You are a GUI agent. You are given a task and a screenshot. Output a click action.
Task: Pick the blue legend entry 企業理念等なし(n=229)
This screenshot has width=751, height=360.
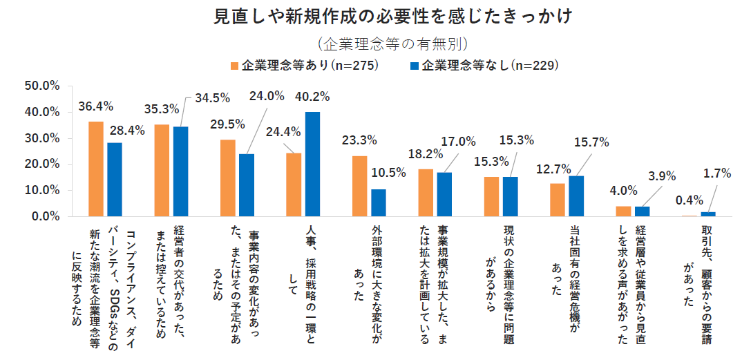coord(484,66)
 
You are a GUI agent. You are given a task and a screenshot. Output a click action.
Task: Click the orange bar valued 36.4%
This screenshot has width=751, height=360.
coord(96,169)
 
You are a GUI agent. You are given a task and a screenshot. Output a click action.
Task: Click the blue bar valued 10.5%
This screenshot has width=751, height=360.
coord(378,202)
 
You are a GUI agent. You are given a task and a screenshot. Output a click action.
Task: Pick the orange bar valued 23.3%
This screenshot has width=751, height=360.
coord(360,186)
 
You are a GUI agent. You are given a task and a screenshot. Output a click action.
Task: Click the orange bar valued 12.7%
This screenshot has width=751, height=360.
coord(557,200)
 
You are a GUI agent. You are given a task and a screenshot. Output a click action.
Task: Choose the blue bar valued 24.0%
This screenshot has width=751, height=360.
coord(247,185)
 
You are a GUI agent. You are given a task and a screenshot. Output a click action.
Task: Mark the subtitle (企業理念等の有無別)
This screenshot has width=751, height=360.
coord(393,44)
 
